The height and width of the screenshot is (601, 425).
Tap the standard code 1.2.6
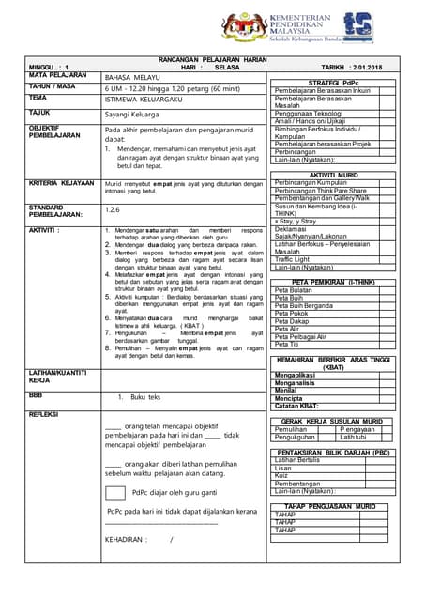click(x=114, y=210)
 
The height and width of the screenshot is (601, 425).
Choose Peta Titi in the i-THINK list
click(x=288, y=344)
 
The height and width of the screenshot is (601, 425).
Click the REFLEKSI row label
click(x=45, y=414)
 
